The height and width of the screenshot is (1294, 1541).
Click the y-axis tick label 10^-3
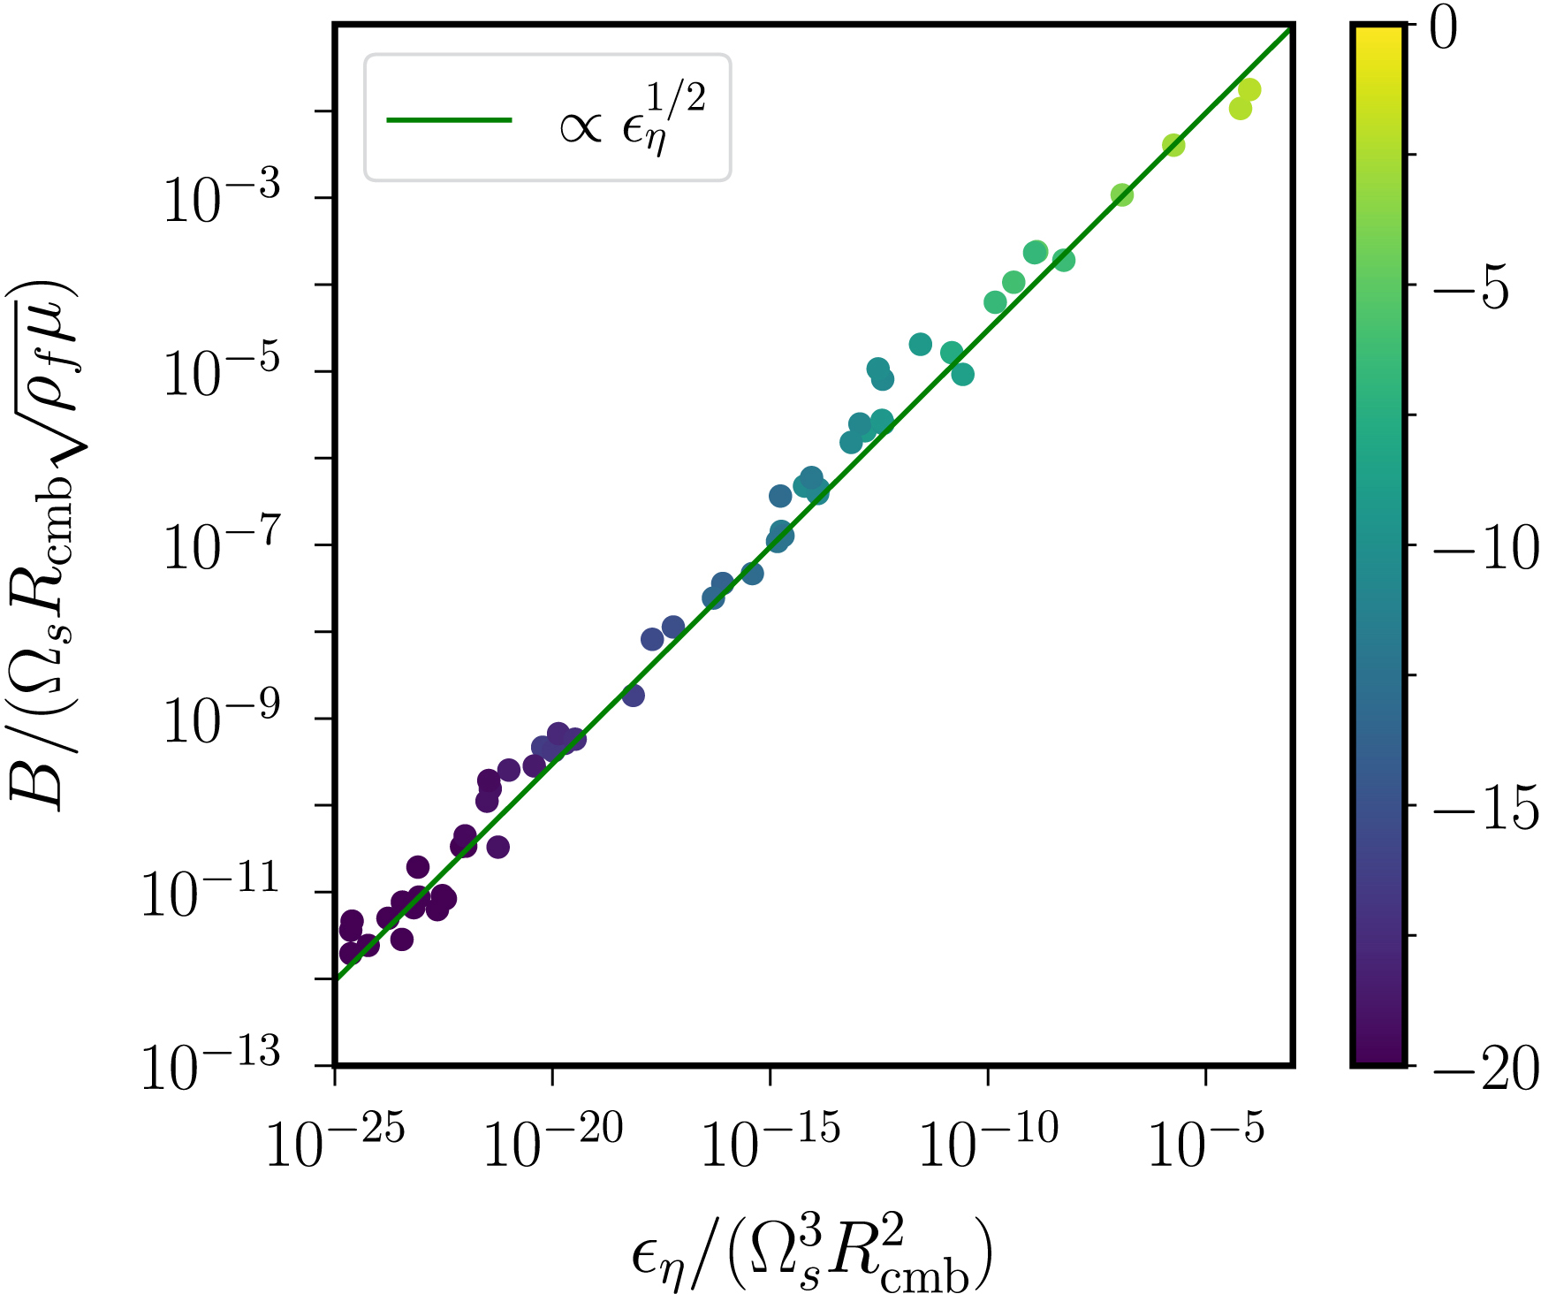point(222,200)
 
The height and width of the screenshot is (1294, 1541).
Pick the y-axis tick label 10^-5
point(222,373)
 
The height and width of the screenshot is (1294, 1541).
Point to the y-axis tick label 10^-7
point(222,546)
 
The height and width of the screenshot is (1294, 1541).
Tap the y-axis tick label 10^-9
point(222,719)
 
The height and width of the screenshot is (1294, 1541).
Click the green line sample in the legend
point(449,120)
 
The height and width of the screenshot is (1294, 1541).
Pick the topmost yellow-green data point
point(1249,89)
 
